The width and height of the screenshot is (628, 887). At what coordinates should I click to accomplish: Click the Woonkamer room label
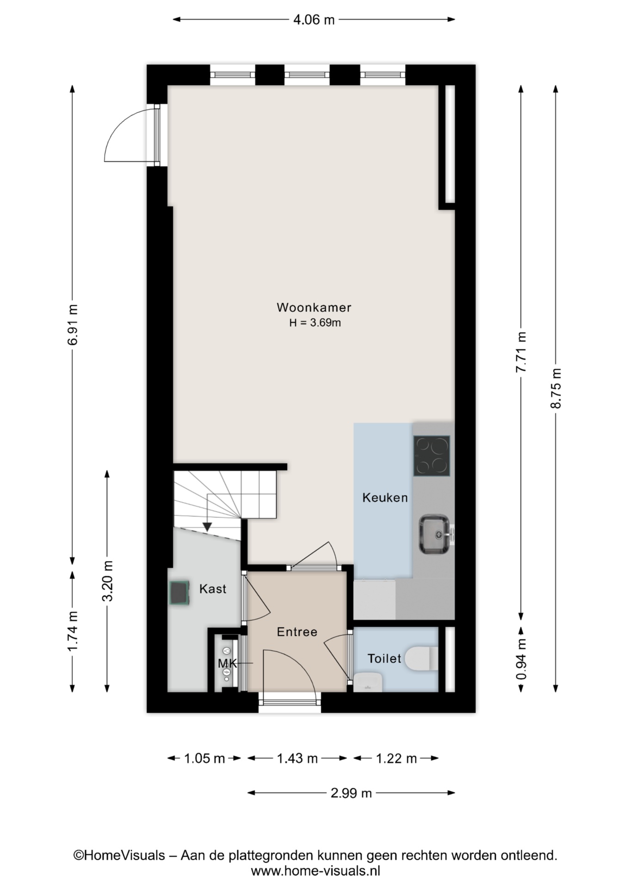pos(314,307)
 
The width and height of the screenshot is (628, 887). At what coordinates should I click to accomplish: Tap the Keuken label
pos(385,498)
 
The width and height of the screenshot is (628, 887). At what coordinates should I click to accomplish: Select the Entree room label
pos(297,632)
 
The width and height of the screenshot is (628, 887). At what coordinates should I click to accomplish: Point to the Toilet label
pos(384,658)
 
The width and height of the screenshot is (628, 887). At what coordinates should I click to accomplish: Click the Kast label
pos(213,589)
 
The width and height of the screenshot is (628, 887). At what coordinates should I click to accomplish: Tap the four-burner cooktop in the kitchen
pos(431,456)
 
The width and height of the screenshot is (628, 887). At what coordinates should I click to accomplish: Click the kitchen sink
pos(435,534)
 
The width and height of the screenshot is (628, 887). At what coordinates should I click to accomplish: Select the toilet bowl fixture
pos(421,658)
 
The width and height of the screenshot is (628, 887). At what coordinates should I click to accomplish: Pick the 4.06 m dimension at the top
pos(314,20)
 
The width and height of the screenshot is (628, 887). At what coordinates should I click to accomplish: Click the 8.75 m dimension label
pos(556,388)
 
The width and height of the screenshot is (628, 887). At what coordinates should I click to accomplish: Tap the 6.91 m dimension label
pos(73,324)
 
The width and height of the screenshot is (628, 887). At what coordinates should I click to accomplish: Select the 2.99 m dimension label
pos(351,793)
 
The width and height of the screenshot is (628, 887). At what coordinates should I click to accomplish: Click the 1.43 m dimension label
pos(297,758)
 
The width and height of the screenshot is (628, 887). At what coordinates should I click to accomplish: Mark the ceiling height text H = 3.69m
pos(315,322)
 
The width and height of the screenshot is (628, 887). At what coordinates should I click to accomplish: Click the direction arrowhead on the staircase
pos(207,527)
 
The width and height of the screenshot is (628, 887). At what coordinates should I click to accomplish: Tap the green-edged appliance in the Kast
pos(179,593)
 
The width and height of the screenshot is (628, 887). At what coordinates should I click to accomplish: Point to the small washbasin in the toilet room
pos(368,682)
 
